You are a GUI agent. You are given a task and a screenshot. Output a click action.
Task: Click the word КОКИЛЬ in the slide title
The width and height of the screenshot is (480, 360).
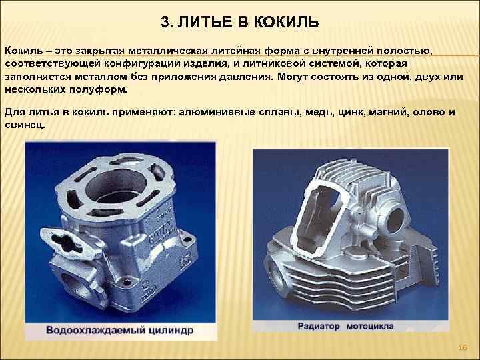click(287, 22)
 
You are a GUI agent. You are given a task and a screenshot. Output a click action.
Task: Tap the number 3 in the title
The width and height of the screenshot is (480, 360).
click(165, 22)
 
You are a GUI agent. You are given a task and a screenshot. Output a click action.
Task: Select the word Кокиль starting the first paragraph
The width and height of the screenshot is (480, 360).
click(24, 51)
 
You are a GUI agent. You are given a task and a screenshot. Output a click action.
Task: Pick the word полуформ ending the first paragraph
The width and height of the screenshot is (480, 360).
click(98, 90)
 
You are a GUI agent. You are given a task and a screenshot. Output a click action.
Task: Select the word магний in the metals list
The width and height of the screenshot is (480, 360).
click(388, 113)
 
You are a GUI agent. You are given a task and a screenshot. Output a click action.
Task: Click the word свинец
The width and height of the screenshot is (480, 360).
click(25, 125)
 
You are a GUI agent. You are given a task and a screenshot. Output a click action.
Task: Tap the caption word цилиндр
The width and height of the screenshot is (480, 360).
click(171, 331)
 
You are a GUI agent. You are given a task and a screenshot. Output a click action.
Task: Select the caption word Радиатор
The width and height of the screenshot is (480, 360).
click(319, 326)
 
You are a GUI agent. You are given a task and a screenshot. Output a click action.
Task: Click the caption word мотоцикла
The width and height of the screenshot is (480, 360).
click(370, 326)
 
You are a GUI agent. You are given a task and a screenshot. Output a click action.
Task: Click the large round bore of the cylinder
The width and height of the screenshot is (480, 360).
click(116, 186)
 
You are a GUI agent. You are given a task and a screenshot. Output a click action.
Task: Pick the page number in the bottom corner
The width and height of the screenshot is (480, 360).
click(463, 347)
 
